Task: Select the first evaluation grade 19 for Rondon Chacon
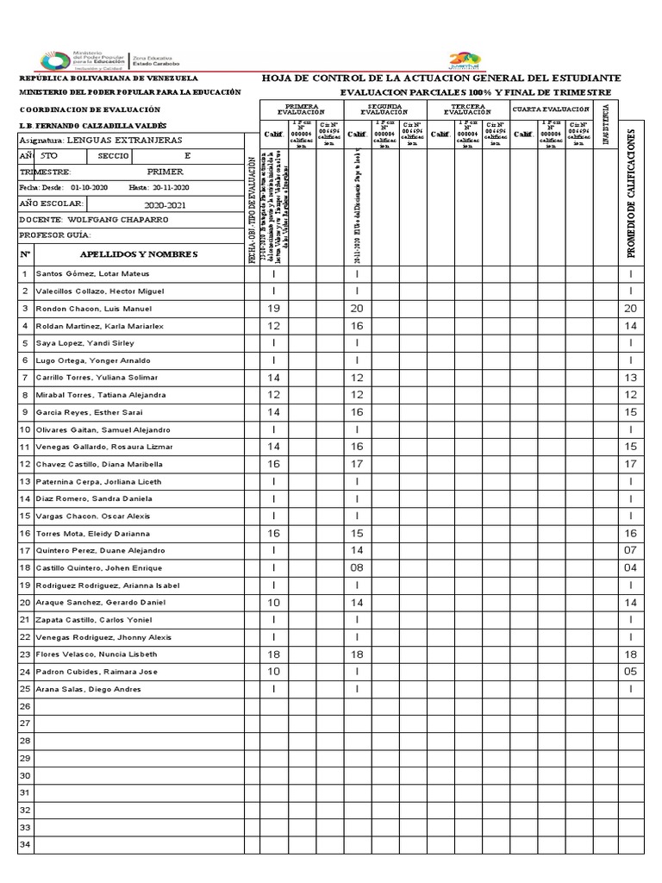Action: coord(274,309)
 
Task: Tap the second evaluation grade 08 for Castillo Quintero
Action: coord(357,568)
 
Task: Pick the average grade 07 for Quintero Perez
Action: coord(630,551)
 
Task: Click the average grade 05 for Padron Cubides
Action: coord(630,672)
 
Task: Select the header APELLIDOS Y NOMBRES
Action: coord(138,254)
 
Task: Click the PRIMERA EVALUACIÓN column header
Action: coord(301,110)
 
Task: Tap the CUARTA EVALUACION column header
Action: coord(551,110)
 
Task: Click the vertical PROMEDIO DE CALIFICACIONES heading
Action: coord(630,194)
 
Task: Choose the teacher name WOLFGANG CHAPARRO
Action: coord(117,220)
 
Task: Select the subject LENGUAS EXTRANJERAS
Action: coord(124,140)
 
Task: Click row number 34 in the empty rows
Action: coord(25,845)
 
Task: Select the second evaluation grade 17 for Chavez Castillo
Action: coord(357,464)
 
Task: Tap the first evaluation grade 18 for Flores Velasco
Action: coord(274,654)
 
